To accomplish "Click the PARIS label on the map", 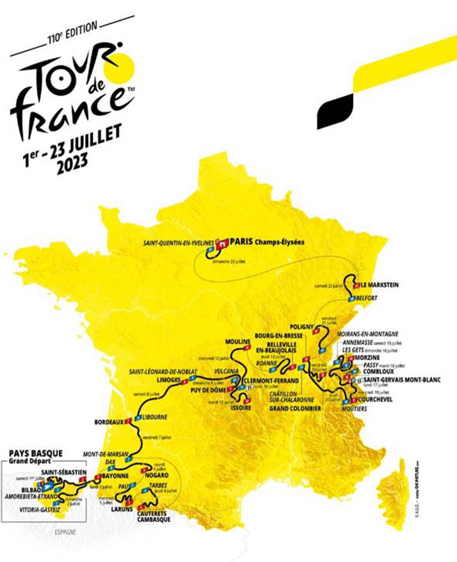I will (x=242, y=241).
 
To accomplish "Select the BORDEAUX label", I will (x=109, y=423).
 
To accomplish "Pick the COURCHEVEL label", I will (x=375, y=400).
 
